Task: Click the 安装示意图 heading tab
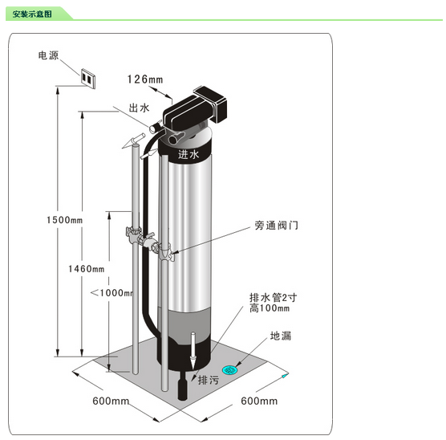(32, 14)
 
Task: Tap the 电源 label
(48, 55)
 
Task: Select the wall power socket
(88, 79)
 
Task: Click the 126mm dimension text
(145, 79)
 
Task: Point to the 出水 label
(139, 108)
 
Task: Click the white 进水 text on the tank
(189, 154)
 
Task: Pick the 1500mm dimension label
(64, 220)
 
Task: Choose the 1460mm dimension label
(86, 269)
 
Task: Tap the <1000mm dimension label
(111, 293)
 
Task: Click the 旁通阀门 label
(276, 226)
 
